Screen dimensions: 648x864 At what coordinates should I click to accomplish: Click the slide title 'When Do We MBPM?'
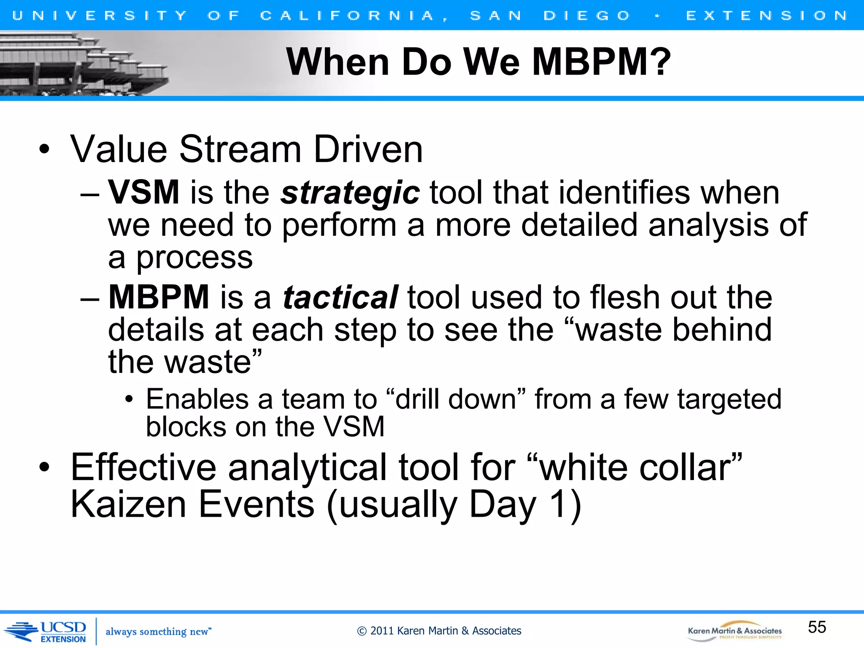tap(478, 62)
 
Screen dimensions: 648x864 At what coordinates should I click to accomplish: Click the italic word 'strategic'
tap(350, 193)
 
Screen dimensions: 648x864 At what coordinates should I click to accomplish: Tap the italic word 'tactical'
tap(340, 297)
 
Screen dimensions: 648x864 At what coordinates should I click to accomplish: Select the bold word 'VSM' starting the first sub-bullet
tap(144, 193)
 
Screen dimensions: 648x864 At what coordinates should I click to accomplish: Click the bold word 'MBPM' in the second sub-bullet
tap(159, 297)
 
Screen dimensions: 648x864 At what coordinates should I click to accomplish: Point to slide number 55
tap(817, 627)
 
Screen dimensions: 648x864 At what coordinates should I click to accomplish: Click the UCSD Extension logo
tap(46, 632)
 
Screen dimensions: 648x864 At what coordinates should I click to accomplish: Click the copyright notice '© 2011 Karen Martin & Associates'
tap(439, 631)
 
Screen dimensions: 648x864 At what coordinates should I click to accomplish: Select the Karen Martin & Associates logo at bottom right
tap(734, 631)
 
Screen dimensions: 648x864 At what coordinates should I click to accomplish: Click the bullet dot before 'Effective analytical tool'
tap(44, 467)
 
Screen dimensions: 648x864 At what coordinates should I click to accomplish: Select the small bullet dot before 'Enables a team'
tap(129, 399)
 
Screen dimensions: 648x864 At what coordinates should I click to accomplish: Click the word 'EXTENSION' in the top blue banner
tap(767, 16)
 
